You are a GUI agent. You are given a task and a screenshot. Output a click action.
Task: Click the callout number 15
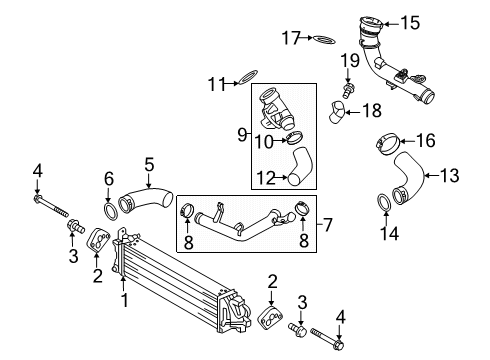pyautogui.click(x=410, y=23)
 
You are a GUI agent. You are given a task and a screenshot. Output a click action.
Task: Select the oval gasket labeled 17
pyautogui.click(x=324, y=39)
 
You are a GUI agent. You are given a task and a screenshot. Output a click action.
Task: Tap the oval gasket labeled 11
pyautogui.click(x=247, y=77)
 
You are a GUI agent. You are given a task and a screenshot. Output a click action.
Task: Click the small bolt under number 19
pyautogui.click(x=348, y=91)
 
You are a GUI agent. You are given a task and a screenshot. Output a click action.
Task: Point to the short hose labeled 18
pyautogui.click(x=336, y=112)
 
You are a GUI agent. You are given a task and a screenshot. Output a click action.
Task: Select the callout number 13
pyautogui.click(x=449, y=175)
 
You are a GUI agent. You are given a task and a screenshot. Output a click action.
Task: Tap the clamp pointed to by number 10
pyautogui.click(x=294, y=138)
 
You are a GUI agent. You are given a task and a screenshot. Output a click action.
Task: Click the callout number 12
pyautogui.click(x=266, y=178)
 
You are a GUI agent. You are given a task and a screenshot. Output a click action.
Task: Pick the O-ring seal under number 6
pyautogui.click(x=111, y=211)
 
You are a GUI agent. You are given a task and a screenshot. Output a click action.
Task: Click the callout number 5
pyautogui.click(x=149, y=165)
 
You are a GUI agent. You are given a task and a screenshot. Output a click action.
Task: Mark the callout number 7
pyautogui.click(x=328, y=224)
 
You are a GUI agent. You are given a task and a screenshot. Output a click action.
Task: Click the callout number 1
pyautogui.click(x=124, y=300)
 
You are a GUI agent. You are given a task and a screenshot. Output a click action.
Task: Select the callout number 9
pyautogui.click(x=242, y=135)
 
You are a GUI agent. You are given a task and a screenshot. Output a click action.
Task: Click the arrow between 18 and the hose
pyautogui.click(x=352, y=112)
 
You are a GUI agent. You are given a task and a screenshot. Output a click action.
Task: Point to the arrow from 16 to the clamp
pyautogui.click(x=407, y=141)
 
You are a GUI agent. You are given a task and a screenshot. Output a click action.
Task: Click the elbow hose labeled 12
pyautogui.click(x=300, y=166)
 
